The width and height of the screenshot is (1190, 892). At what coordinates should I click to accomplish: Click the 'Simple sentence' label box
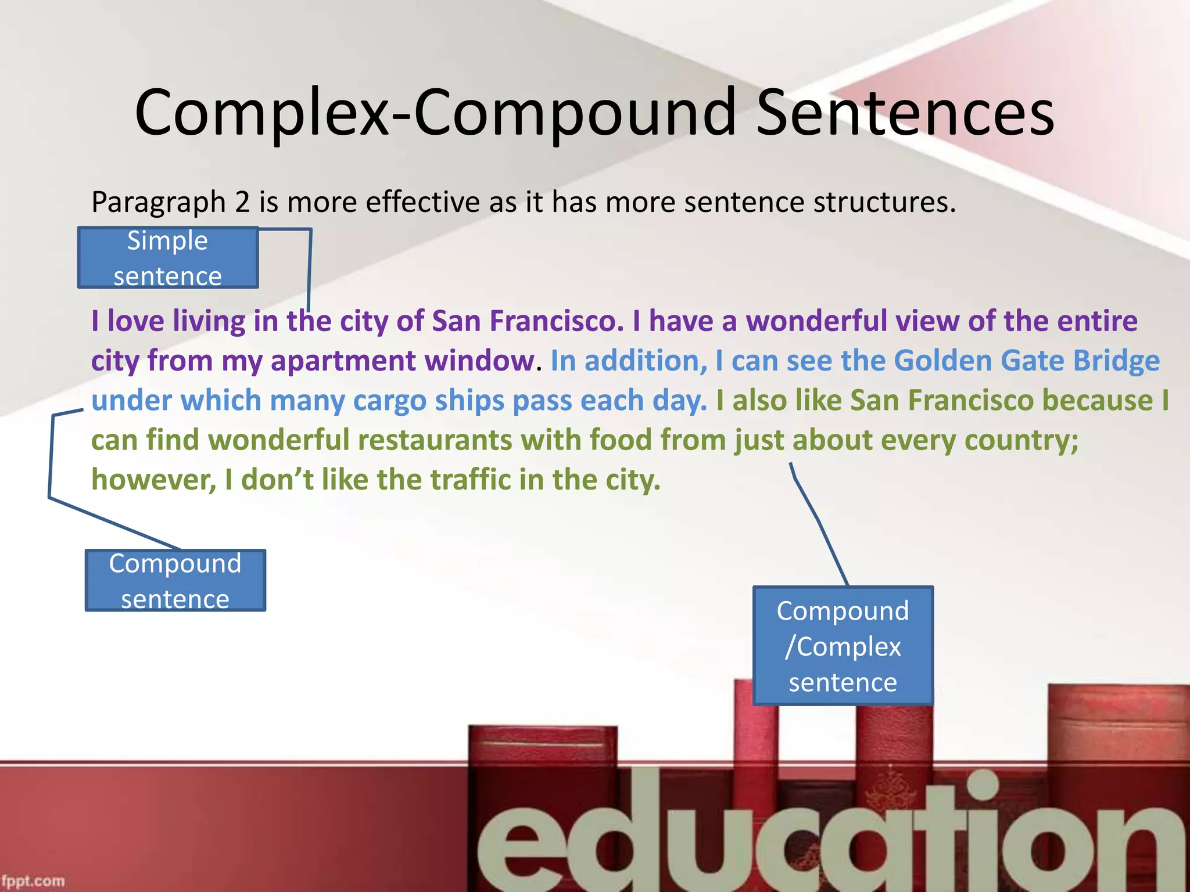(168, 258)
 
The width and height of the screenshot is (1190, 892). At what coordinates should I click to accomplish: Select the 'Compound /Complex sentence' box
(843, 646)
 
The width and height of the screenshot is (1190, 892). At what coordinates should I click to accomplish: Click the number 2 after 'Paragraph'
(242, 202)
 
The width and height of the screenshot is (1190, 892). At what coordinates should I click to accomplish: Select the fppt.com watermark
(33, 880)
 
